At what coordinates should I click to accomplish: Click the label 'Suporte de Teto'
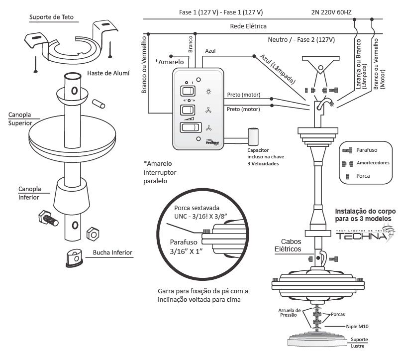(x=51, y=17)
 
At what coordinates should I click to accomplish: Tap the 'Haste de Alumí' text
(x=108, y=73)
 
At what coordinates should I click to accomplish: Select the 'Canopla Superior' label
(x=20, y=119)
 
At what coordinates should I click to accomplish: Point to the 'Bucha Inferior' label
(x=112, y=252)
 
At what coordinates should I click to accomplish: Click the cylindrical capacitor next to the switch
(x=254, y=136)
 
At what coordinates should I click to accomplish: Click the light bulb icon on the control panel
(x=208, y=91)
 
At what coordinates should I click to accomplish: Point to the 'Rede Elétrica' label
(x=248, y=25)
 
